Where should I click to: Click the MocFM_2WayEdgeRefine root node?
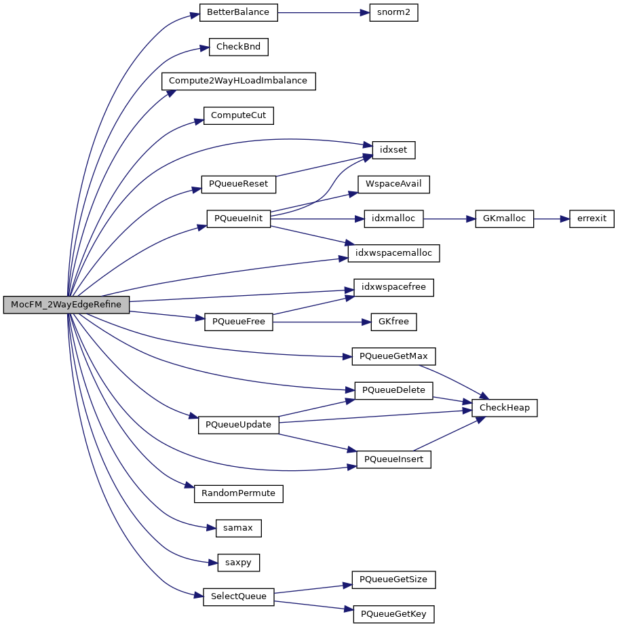tap(66, 305)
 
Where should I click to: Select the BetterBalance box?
tap(238, 13)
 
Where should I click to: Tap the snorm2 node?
tap(393, 13)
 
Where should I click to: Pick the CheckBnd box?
tap(238, 47)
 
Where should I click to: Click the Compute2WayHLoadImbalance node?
tap(238, 81)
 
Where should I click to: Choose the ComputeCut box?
tap(238, 115)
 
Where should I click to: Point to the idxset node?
tap(393, 149)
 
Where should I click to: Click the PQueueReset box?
tap(238, 184)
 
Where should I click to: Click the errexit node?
tap(592, 218)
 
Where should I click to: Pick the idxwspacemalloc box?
tap(393, 252)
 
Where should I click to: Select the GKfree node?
tap(393, 322)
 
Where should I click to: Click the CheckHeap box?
tap(505, 408)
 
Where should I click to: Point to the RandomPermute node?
tap(238, 493)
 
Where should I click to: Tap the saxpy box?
tap(238, 562)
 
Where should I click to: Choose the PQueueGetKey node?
tap(393, 614)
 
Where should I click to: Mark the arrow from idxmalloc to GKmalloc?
tap(444, 218)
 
